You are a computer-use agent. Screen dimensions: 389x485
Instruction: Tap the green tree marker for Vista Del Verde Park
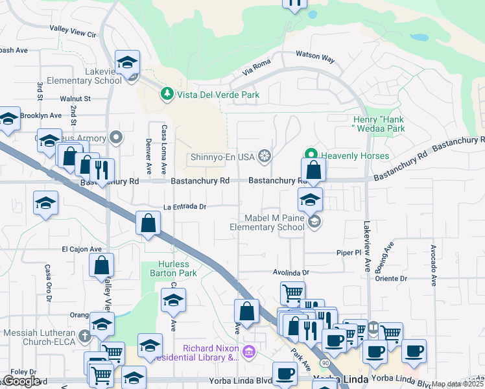167,95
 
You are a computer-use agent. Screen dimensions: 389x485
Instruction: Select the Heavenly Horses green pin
311,155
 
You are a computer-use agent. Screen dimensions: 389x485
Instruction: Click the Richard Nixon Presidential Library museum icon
249,353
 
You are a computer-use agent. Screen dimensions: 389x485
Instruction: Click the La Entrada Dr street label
185,207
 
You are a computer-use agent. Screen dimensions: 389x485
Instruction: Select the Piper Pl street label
348,252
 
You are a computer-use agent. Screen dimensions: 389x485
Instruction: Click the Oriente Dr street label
391,279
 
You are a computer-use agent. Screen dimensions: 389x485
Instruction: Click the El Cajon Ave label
82,249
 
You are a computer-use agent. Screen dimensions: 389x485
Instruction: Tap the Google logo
21,381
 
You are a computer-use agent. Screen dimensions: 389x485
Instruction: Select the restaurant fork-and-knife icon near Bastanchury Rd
101,170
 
